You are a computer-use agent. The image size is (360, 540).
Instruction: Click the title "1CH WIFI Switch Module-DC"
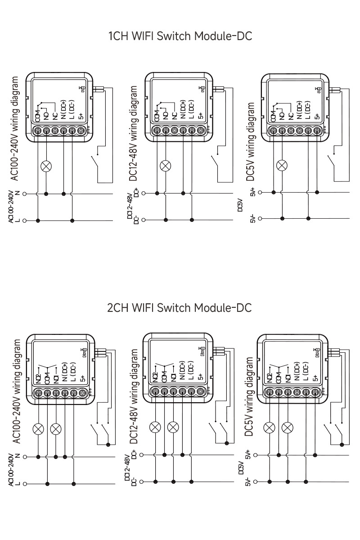pos(180,36)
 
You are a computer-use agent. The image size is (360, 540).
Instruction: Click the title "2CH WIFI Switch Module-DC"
pos(180,308)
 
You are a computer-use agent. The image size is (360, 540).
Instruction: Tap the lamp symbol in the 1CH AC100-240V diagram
pos(46,166)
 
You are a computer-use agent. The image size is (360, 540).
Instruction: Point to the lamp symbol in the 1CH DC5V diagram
pos(282,165)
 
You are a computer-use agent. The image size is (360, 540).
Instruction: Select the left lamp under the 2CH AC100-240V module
pos(38,428)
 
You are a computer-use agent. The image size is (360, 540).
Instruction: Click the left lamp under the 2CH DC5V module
pos(270,427)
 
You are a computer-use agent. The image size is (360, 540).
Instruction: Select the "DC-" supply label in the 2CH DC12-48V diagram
pos(134,482)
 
